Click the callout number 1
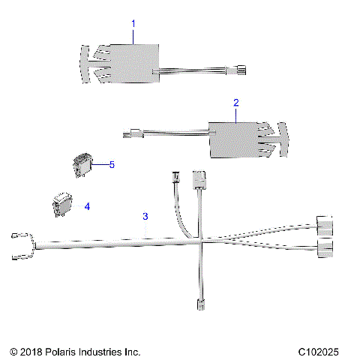[x=133, y=24]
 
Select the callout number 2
[x=236, y=101]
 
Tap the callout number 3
[x=145, y=216]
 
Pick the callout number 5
[x=112, y=164]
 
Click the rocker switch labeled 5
[x=82, y=163]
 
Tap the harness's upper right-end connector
[x=324, y=223]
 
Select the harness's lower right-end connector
[x=324, y=249]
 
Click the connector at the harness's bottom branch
[x=202, y=304]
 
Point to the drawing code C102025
[x=319, y=351]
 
